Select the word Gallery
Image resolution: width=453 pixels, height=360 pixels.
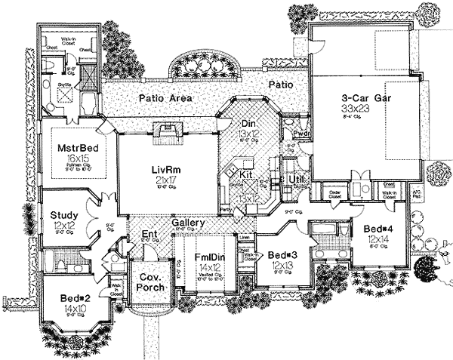(x=186, y=224)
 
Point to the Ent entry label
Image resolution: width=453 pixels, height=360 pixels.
(x=149, y=235)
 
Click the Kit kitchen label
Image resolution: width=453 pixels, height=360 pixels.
(x=245, y=174)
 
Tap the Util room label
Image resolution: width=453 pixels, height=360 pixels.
(x=296, y=178)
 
